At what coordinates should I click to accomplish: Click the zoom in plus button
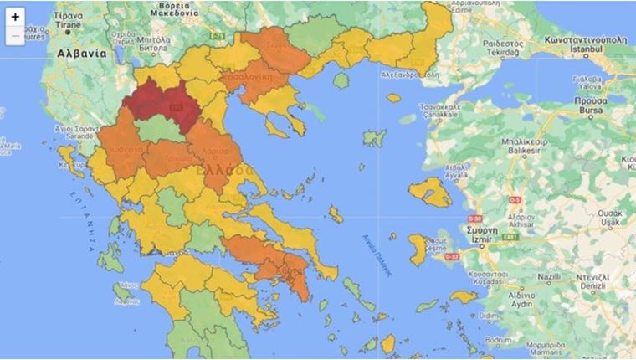tap(15, 17)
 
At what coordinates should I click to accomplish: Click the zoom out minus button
tap(15, 36)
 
